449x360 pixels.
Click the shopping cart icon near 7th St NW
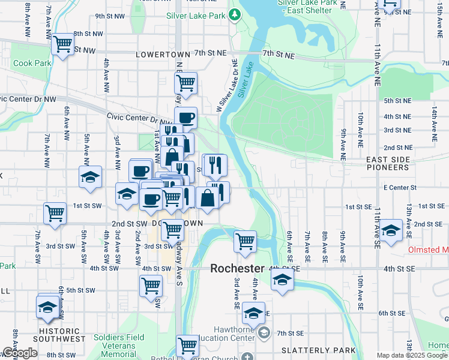(62, 44)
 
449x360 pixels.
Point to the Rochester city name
(237, 269)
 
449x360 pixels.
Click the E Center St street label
(400, 188)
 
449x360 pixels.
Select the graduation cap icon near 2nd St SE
(391, 230)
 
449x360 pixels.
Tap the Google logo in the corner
(20, 353)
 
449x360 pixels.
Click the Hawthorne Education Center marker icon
(264, 332)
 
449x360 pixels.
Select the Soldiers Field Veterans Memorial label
(119, 346)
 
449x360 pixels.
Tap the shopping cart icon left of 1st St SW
(55, 213)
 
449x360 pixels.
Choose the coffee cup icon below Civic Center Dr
(186, 117)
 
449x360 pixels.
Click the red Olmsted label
(428, 250)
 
